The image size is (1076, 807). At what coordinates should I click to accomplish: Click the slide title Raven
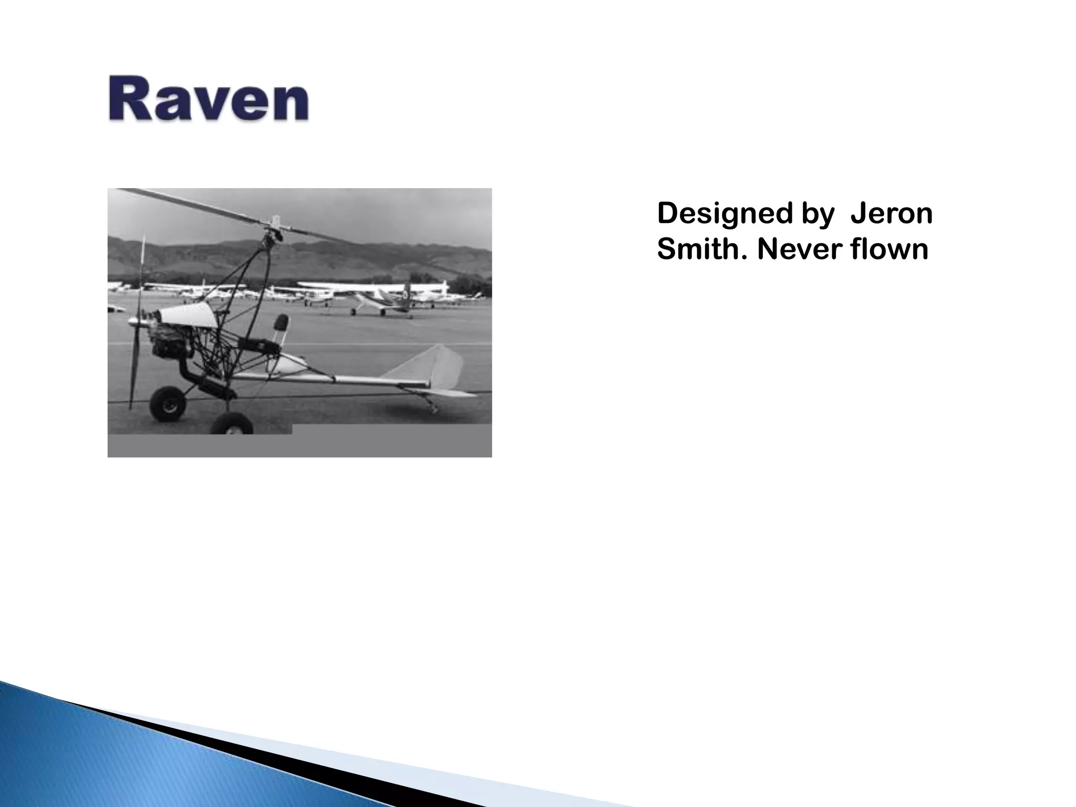209,99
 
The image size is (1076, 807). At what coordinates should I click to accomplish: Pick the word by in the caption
818,214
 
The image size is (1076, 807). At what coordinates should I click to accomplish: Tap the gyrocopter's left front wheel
167,403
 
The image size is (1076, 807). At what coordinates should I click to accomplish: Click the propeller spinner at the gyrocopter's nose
134,320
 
